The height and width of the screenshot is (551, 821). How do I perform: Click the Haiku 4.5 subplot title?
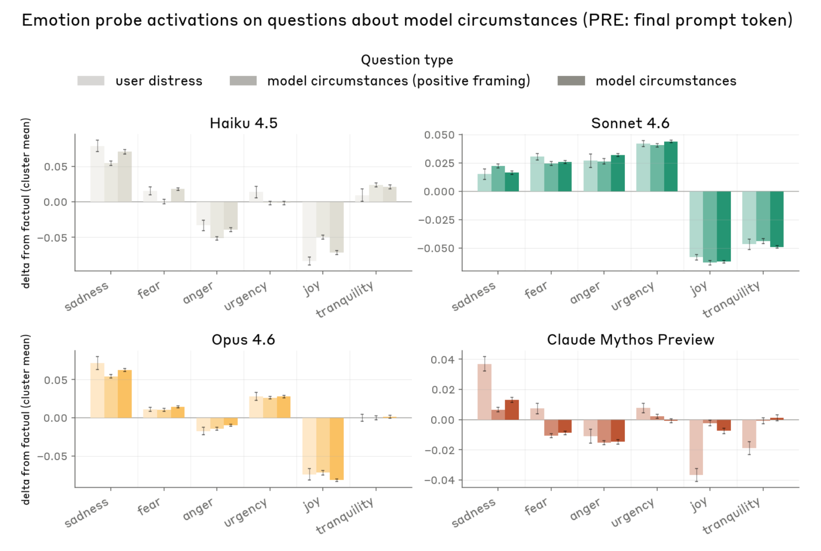(243, 123)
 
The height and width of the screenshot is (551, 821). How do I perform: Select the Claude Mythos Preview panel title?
(630, 340)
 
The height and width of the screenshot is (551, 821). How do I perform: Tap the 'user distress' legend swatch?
(91, 81)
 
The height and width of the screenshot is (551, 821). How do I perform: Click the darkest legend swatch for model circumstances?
(571, 81)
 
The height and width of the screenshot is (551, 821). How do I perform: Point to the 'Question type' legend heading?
(407, 60)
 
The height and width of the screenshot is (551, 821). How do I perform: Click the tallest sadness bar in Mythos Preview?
(484, 392)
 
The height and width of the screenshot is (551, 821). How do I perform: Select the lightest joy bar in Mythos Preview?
(696, 447)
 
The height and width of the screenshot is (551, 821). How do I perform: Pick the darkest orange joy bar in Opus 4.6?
(337, 448)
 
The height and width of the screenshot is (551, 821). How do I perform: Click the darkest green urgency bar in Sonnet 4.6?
(671, 166)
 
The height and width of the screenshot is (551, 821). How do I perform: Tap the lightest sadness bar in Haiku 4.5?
(97, 174)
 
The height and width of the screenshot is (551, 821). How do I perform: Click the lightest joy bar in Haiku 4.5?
(309, 231)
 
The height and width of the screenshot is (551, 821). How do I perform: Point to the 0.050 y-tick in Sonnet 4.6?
(439, 135)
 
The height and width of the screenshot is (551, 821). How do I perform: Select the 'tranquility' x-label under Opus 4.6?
(345, 516)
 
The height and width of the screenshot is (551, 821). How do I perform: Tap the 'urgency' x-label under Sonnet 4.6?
(633, 296)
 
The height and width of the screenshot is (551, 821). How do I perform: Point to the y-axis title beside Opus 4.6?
(26, 419)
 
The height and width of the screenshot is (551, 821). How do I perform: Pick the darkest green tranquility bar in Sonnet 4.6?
(777, 219)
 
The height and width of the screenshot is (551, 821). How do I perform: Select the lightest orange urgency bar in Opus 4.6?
(256, 407)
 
